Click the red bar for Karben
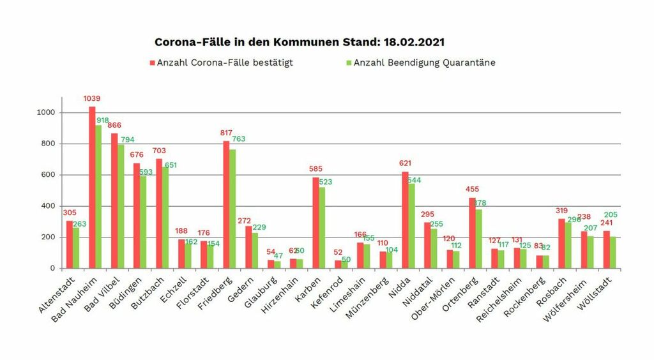point(316,223)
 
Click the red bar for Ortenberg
point(472,233)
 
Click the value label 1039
point(92,99)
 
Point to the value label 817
point(226,133)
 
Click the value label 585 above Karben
point(316,170)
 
